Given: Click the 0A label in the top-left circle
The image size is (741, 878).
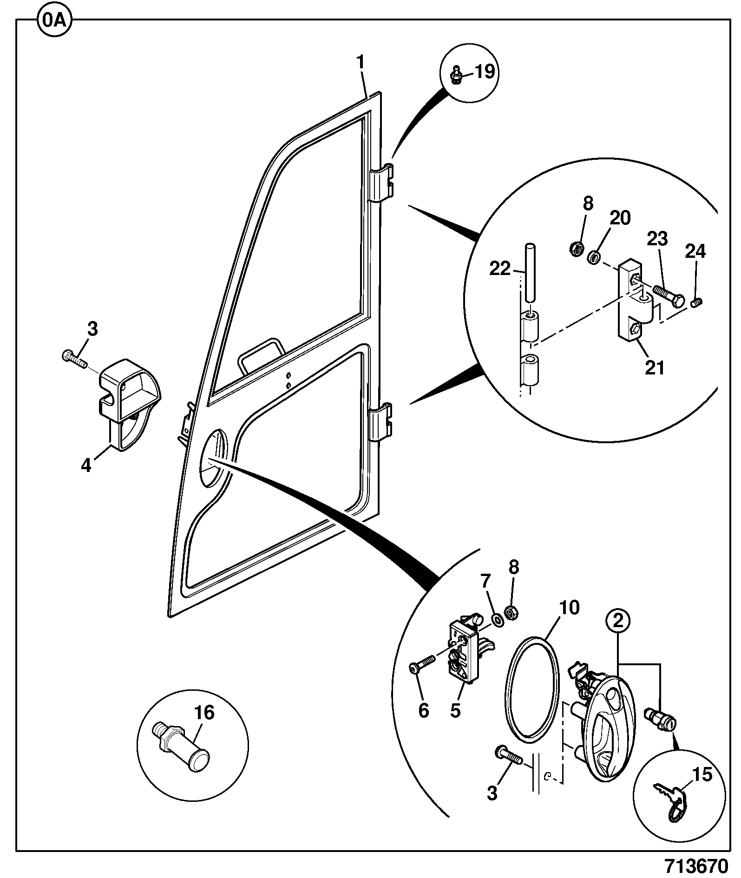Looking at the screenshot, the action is pos(54,21).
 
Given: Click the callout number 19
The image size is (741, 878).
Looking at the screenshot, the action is pos(484,72).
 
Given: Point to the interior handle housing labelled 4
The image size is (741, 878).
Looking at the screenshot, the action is pos(128,405).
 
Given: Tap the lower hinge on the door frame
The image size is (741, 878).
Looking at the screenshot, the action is pos(381,421).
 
